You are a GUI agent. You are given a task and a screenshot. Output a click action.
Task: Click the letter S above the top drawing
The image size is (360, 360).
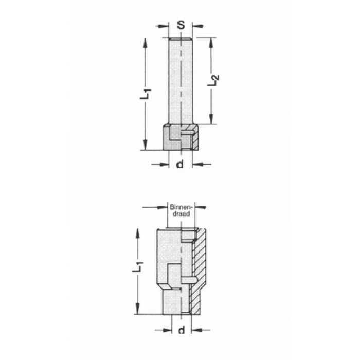click(x=181, y=24)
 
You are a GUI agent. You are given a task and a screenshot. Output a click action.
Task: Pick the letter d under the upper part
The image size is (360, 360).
click(x=180, y=164)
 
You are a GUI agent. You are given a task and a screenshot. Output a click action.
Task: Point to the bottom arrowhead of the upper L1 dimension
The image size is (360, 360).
click(x=147, y=147)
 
